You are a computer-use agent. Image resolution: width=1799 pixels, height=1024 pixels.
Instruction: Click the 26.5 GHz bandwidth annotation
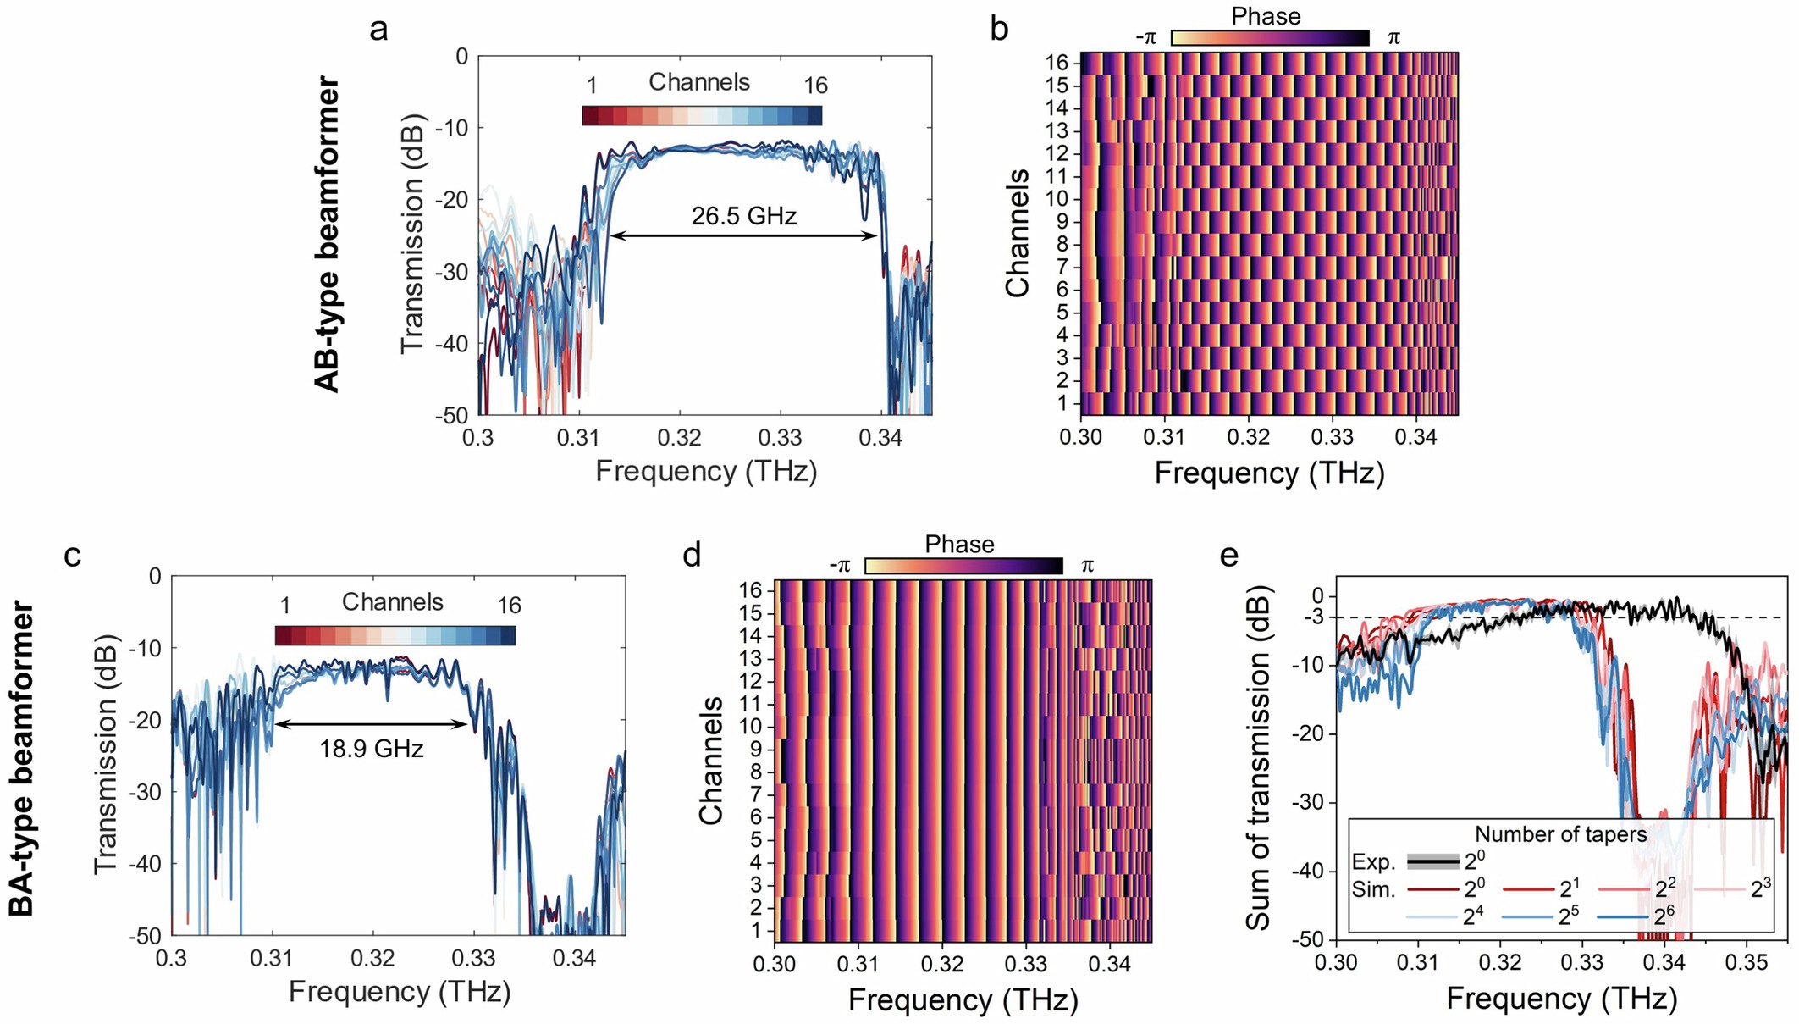coord(743,216)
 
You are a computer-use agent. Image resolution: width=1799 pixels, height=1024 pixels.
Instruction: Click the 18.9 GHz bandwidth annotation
coord(371,749)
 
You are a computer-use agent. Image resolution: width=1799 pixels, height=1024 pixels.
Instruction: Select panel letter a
coord(378,30)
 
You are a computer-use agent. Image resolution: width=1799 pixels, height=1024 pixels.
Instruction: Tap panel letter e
coord(1229,556)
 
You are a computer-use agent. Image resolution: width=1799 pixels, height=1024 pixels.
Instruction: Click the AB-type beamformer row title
coord(327,235)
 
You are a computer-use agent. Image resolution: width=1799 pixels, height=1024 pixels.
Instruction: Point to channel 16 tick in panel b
coord(1061,63)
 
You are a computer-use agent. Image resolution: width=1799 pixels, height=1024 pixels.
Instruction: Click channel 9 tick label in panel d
coord(755,750)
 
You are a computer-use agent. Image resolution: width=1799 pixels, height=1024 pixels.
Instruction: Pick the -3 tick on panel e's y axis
coord(1313,617)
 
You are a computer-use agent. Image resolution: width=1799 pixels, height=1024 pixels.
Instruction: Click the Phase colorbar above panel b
coord(1269,38)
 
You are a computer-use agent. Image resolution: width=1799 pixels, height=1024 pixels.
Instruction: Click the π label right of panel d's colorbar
coord(1088,566)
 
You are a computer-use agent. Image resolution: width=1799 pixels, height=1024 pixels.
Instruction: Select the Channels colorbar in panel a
coord(702,116)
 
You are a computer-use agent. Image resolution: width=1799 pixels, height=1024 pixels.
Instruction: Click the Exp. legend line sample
coord(1432,862)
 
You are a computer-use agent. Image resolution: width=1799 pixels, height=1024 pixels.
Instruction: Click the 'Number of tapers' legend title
coord(1560,834)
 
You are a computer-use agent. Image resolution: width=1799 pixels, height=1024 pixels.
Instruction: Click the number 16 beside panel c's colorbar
coord(509,606)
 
